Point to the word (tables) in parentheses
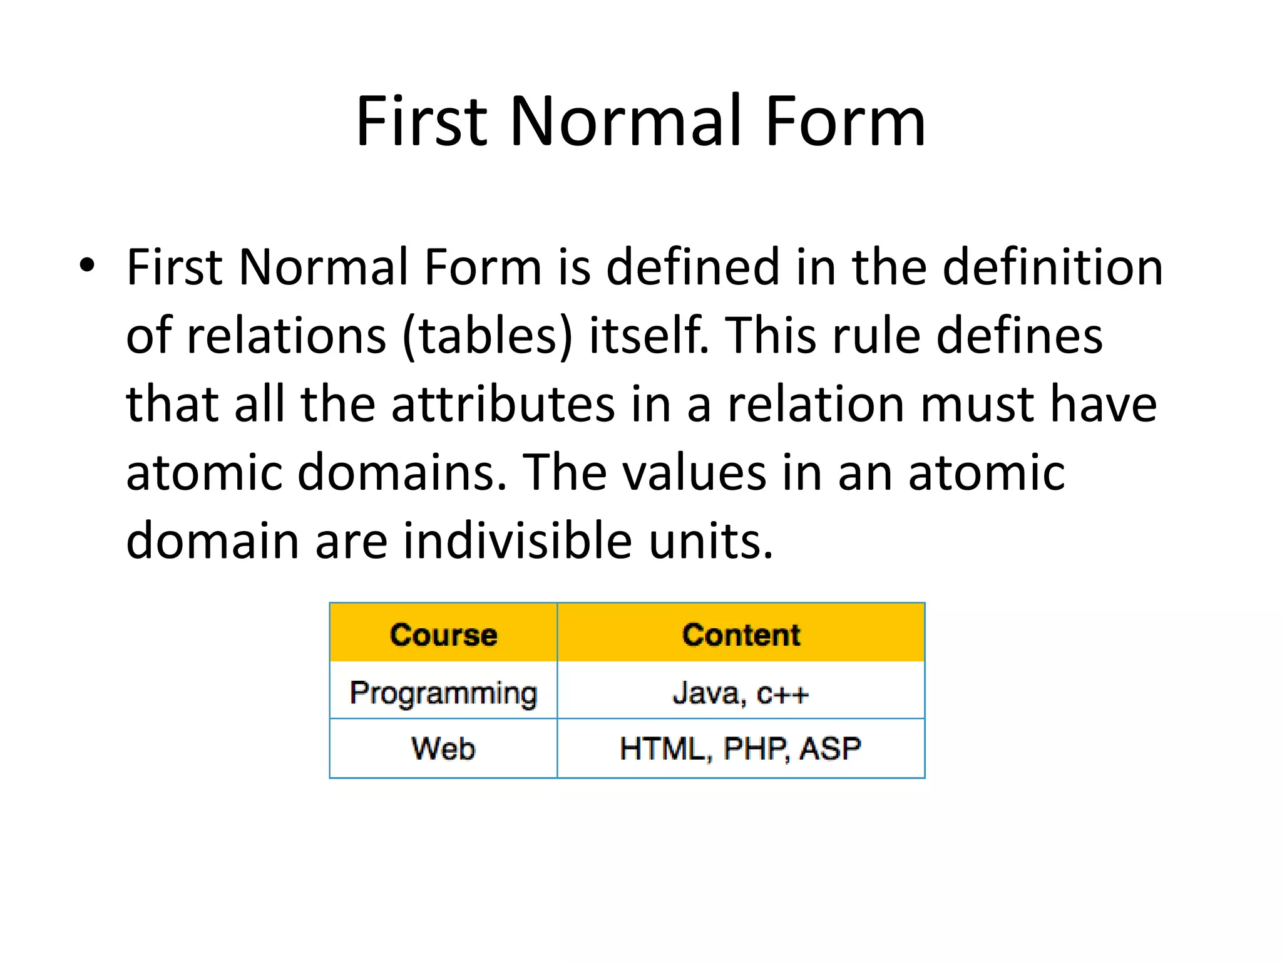(487, 336)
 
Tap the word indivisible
(516, 540)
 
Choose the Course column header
(443, 634)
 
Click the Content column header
(741, 634)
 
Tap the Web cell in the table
(443, 748)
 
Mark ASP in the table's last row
(830, 748)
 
